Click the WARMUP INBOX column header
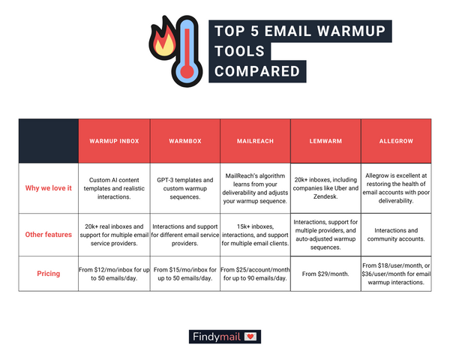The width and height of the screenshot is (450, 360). [x=115, y=140]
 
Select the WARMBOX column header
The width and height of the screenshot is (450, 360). [x=184, y=140]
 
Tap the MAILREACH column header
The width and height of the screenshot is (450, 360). [x=253, y=140]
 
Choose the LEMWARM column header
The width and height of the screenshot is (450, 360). [x=324, y=140]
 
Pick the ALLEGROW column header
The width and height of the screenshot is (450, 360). [x=395, y=140]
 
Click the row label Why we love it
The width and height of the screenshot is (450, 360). [x=49, y=187]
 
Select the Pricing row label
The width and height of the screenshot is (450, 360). [x=49, y=274]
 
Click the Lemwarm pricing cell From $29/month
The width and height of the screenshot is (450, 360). [x=324, y=274]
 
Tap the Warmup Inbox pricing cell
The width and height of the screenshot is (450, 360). [x=115, y=274]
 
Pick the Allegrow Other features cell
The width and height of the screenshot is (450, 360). [x=395, y=234]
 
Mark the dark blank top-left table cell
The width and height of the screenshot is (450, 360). [x=49, y=140]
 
